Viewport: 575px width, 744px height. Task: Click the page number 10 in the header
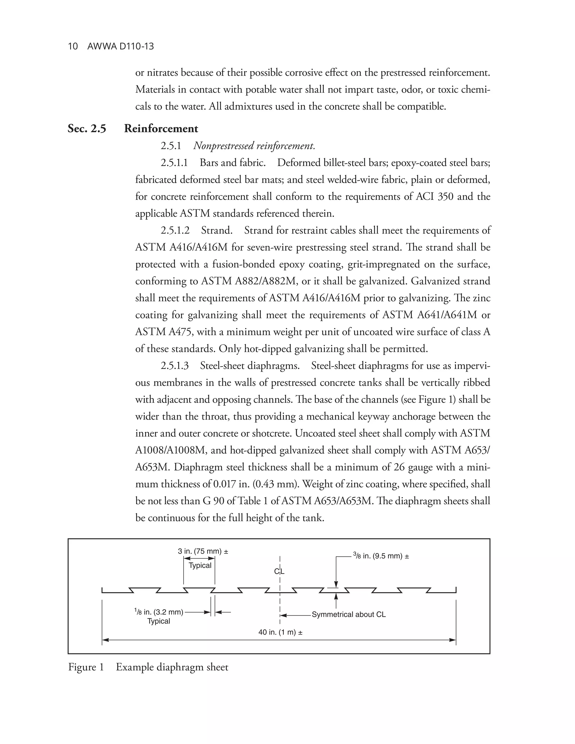pyautogui.click(x=73, y=46)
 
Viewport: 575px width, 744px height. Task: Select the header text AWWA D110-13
pyautogui.click(x=120, y=46)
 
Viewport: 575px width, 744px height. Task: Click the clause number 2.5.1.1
pyautogui.click(x=174, y=163)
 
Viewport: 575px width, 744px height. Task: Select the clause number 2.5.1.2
pyautogui.click(x=175, y=230)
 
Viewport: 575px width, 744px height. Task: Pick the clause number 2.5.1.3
pyautogui.click(x=174, y=366)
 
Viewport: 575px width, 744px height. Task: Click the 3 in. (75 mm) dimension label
pyautogui.click(x=203, y=551)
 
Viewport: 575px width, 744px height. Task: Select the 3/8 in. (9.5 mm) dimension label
pyautogui.click(x=381, y=556)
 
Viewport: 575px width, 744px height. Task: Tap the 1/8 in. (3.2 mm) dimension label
pyautogui.click(x=159, y=612)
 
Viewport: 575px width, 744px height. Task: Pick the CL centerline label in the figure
pyautogui.click(x=279, y=571)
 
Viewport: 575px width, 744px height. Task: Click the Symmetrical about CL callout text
pyautogui.click(x=348, y=615)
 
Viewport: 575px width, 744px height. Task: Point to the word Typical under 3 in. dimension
pyautogui.click(x=200, y=565)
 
